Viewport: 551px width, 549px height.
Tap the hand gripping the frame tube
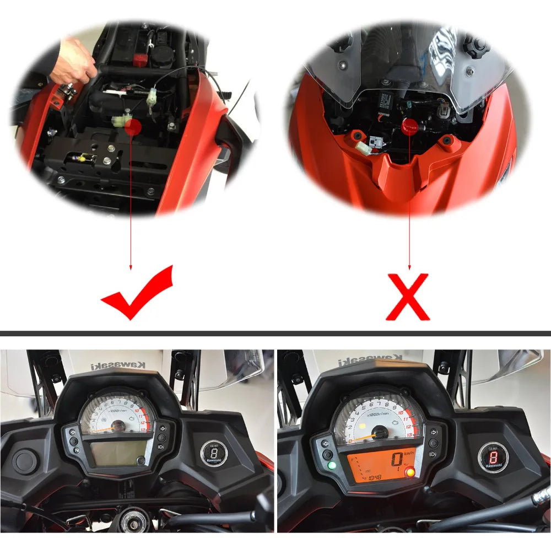(77, 58)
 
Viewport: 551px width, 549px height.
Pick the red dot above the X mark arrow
(409, 126)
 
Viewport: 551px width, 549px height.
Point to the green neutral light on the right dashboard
(331, 466)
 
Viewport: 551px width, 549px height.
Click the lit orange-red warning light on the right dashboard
(409, 471)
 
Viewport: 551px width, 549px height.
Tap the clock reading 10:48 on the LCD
(375, 477)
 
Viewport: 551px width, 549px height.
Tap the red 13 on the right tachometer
(408, 434)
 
